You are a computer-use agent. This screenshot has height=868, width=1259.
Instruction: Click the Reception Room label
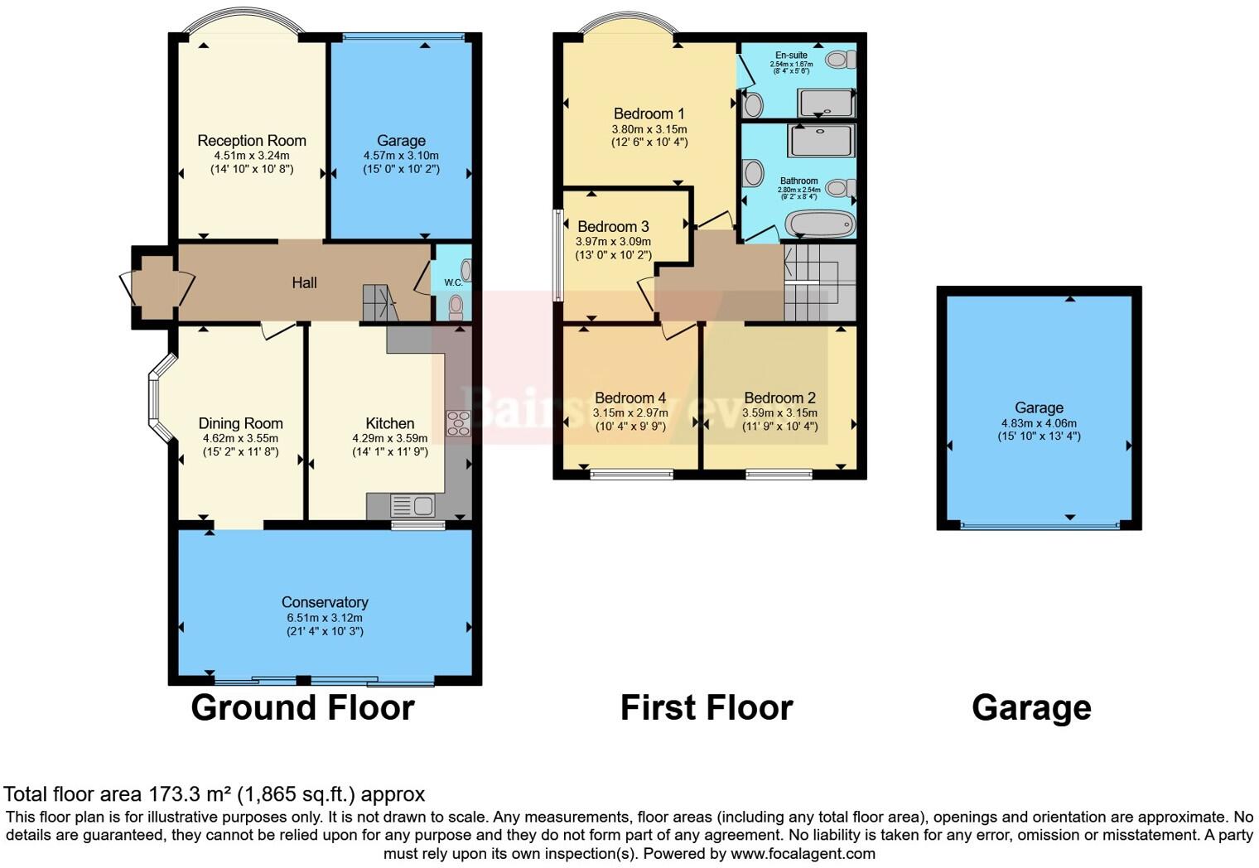pyautogui.click(x=252, y=141)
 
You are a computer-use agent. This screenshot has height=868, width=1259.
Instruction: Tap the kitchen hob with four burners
pyautogui.click(x=458, y=423)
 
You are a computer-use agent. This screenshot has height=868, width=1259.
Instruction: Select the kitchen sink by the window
pyautogui.click(x=412, y=505)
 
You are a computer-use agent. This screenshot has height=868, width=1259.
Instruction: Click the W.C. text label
pyautogui.click(x=453, y=282)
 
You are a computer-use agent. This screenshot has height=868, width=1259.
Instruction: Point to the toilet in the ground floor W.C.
pyautogui.click(x=456, y=307)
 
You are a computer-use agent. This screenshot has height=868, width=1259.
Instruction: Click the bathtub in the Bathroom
pyautogui.click(x=820, y=224)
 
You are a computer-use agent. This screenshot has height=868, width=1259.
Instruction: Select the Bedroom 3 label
pyautogui.click(x=613, y=226)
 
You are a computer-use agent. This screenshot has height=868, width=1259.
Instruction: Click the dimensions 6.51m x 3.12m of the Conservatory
pyautogui.click(x=325, y=618)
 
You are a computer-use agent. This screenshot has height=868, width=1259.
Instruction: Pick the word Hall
pyautogui.click(x=304, y=283)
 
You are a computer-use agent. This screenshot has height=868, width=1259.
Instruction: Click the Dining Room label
pyautogui.click(x=240, y=423)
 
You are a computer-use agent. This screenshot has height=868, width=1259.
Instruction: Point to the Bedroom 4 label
pyautogui.click(x=629, y=398)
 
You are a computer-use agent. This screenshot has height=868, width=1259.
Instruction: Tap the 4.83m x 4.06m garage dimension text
pyautogui.click(x=1039, y=422)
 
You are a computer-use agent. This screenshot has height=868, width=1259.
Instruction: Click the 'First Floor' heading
pyautogui.click(x=707, y=708)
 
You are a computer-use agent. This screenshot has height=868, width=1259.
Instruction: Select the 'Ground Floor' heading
pyautogui.click(x=302, y=708)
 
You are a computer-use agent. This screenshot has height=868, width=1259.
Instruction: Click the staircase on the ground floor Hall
pyautogui.click(x=379, y=303)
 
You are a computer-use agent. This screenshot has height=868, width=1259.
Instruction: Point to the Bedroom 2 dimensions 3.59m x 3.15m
pyautogui.click(x=779, y=412)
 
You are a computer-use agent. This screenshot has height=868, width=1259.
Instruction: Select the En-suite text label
pyautogui.click(x=791, y=55)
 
